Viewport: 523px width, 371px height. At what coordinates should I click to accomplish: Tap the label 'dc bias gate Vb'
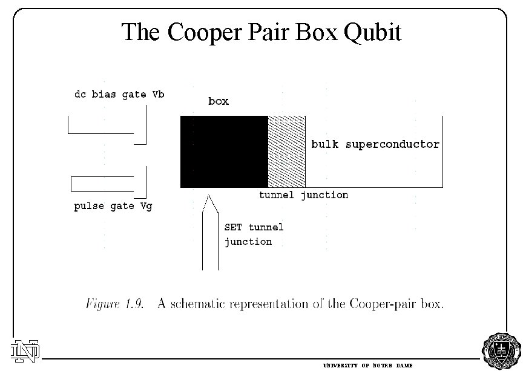pos(119,95)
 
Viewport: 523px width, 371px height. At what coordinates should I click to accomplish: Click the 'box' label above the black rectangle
pos(219,102)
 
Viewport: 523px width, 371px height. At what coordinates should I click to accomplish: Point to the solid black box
pos(224,152)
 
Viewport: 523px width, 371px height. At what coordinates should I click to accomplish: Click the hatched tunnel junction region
pos(287,152)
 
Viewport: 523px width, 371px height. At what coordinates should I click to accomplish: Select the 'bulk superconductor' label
pos(375,145)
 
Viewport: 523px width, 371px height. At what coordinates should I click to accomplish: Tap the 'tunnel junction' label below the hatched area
pos(303,195)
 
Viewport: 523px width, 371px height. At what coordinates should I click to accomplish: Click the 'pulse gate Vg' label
pos(113,206)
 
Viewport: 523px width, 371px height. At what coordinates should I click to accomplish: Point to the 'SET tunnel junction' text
pos(254,235)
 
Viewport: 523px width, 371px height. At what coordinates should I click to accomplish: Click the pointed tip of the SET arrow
pos(209,196)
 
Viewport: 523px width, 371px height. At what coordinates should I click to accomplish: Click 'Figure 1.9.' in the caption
pos(114,304)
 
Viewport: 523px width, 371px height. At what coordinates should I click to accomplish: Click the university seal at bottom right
pos(500,351)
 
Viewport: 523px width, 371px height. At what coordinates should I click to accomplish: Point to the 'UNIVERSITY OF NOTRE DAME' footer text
pos(367,366)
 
